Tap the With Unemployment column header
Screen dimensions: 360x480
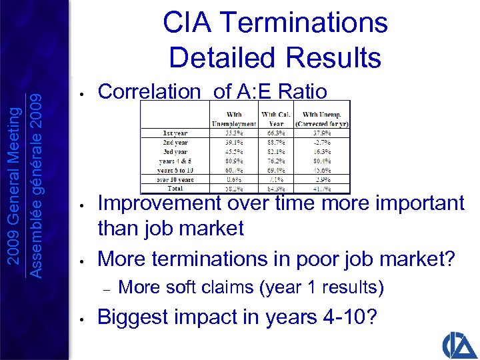click(x=233, y=118)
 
